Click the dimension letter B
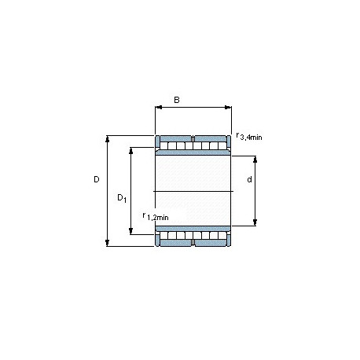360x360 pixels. point(177,100)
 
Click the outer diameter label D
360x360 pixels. point(97,179)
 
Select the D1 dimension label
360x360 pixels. point(122,198)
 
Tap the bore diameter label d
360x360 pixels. point(249,179)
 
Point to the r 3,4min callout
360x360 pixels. point(249,137)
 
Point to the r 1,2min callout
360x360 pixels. point(156,217)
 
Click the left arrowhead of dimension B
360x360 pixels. point(159,107)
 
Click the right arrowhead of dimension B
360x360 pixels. point(228,107)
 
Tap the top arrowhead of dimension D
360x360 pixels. point(107,139)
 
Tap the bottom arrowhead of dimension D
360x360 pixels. point(107,243)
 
